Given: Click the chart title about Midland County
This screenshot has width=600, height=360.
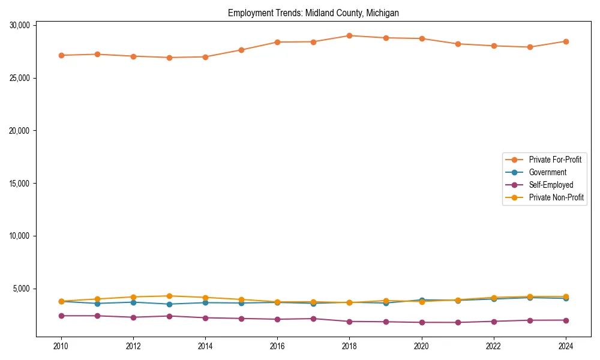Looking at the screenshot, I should click(x=313, y=13).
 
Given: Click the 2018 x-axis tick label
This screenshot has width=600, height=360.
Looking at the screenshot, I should click(x=349, y=346).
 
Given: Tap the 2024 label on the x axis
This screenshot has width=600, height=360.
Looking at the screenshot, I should click(x=566, y=346).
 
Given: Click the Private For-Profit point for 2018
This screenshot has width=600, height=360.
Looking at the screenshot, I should click(x=349, y=35).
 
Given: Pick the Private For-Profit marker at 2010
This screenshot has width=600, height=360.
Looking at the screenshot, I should click(x=61, y=55).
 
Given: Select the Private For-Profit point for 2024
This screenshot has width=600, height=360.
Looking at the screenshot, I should click(x=566, y=41).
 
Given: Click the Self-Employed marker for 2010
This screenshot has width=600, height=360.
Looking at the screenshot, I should click(x=61, y=316).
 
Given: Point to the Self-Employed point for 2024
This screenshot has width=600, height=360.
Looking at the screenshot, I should click(x=566, y=320).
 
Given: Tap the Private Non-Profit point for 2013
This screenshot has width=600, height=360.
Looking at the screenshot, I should click(x=169, y=296).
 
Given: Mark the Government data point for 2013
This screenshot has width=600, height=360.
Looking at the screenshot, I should click(x=169, y=304).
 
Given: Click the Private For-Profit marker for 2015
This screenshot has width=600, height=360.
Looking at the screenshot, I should click(x=241, y=50).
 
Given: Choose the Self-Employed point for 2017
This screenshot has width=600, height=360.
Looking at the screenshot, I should click(x=313, y=319).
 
